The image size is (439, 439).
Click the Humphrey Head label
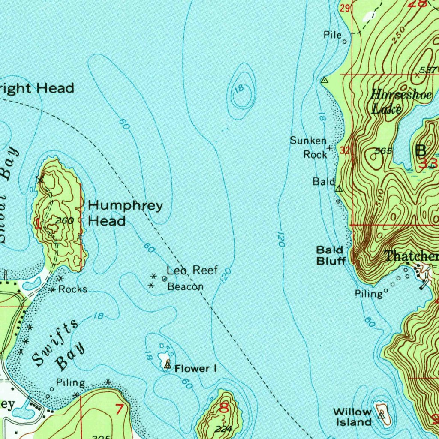click(x=125, y=213)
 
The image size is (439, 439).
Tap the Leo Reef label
click(x=192, y=270)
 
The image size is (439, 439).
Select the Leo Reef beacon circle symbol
click(x=165, y=279)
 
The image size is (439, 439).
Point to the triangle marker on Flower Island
click(x=168, y=365)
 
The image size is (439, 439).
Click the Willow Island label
click(x=352, y=417)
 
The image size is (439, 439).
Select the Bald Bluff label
click(x=330, y=255)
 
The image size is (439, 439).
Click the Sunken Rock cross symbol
click(x=329, y=148)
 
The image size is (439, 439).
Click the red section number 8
click(x=224, y=408)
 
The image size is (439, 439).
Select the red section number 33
click(x=428, y=163)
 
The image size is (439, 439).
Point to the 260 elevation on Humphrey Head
click(x=65, y=221)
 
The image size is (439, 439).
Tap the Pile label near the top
click(x=332, y=36)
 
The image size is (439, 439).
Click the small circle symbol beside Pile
click(x=345, y=42)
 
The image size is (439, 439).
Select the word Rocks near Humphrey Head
click(x=73, y=289)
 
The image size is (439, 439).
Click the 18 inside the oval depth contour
click(x=239, y=89)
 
